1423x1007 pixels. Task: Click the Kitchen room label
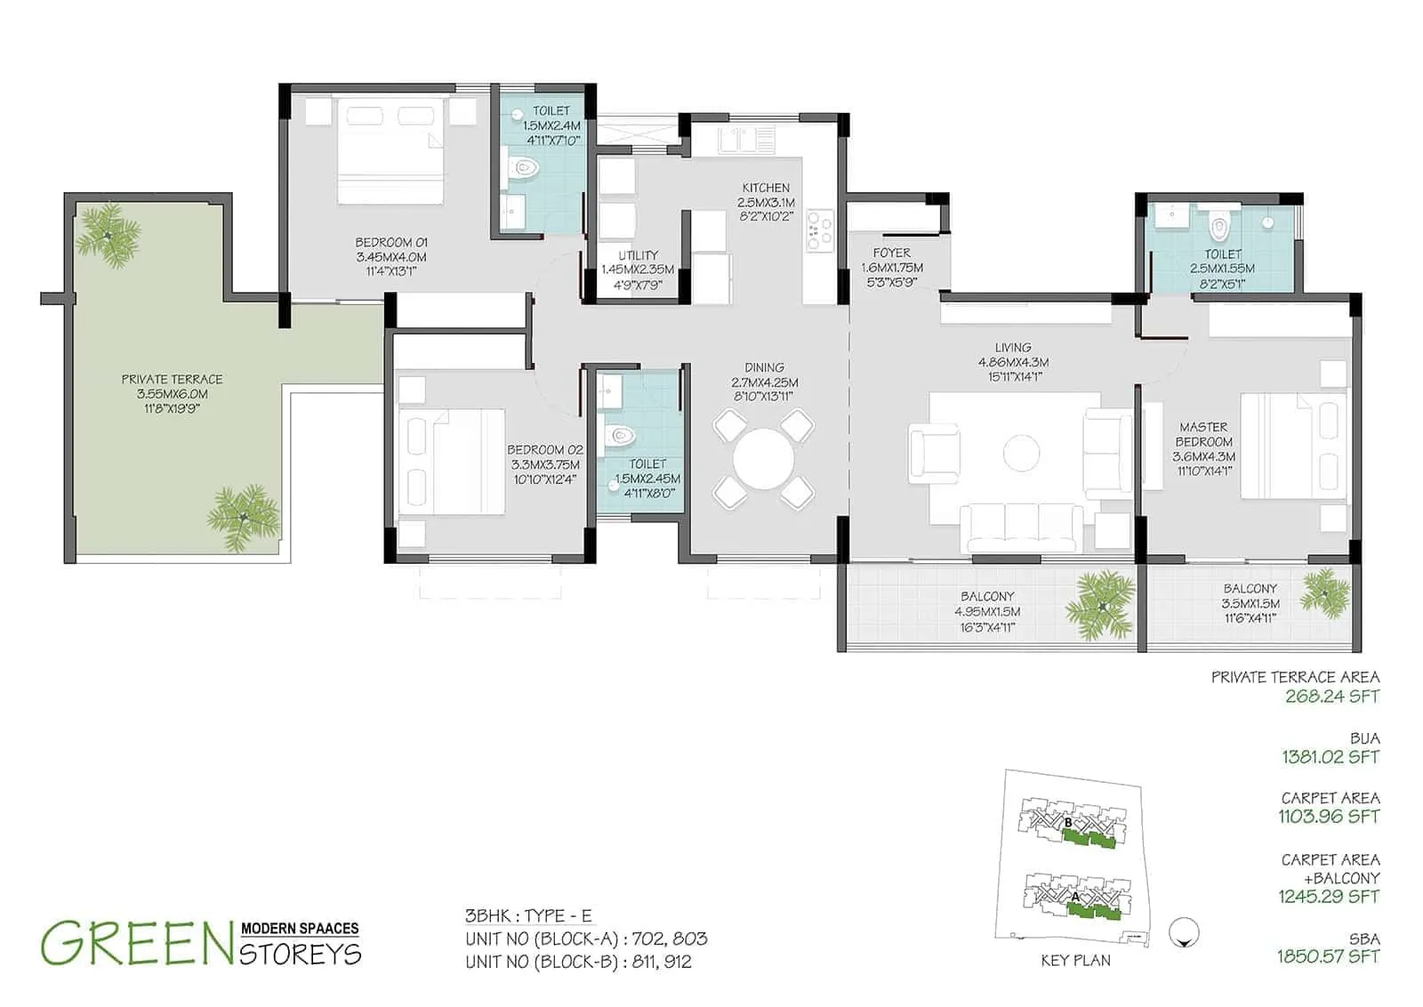766,188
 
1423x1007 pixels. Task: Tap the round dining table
764,458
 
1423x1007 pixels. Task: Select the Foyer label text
891,253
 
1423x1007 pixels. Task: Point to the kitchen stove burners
818,229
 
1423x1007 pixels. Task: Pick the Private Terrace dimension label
172,394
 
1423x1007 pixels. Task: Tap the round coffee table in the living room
1021,453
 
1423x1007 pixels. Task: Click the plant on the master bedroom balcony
1324,593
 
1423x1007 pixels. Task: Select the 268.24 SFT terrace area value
1331,697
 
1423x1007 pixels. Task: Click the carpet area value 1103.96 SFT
1329,817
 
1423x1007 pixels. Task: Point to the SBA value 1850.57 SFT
1328,956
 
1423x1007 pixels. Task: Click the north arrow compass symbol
1186,932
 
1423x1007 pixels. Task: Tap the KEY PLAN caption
1075,961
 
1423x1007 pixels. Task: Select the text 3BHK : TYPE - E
528,916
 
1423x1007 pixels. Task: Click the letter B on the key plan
1068,823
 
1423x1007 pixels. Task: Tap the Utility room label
638,255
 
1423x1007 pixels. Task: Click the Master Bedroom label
1203,434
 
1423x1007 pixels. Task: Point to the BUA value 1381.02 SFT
1330,757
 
